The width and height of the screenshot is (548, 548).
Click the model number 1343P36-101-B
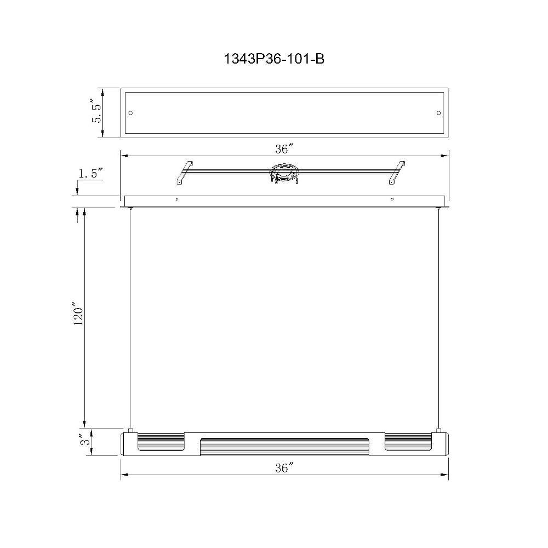273,59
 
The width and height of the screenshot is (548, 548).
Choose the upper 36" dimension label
283,149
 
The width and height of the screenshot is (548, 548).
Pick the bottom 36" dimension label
283,467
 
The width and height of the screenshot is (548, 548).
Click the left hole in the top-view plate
131,113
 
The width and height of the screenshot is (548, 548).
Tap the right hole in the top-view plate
438,113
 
